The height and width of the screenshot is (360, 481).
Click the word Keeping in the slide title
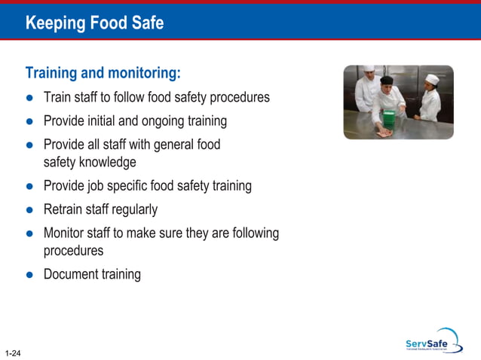pos(55,23)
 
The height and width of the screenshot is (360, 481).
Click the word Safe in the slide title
pos(147,23)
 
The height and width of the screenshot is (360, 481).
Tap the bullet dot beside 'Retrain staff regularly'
pos(29,210)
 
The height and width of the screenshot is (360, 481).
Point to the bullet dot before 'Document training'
pos(29,275)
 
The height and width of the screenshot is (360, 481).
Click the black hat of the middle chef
pos(386,80)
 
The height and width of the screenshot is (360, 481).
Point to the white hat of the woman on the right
pos(431,78)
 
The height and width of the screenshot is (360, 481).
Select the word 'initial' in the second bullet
pos(109,121)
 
